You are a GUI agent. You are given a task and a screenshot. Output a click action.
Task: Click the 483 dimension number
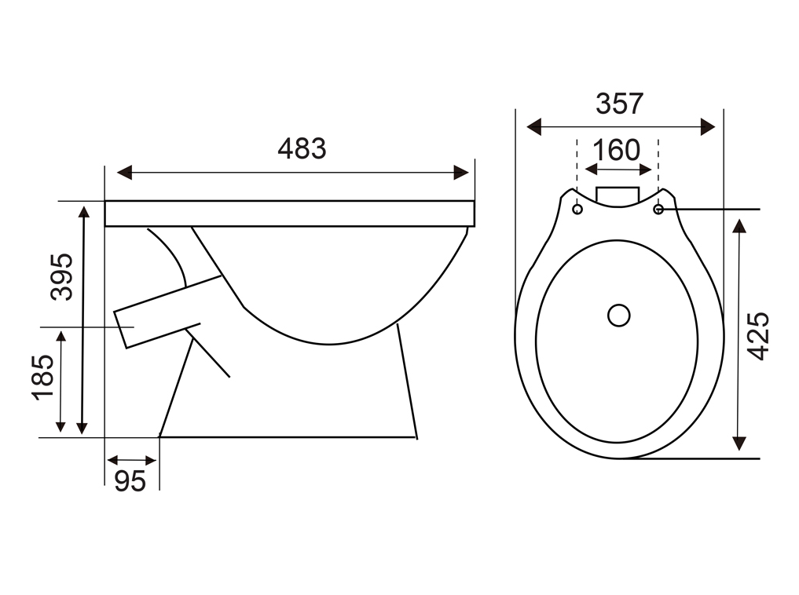coord(302,148)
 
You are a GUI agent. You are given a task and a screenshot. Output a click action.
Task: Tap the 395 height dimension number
coord(61,276)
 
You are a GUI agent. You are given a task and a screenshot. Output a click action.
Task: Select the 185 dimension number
coord(42,377)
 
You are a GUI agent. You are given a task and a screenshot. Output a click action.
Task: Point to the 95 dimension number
coord(130,481)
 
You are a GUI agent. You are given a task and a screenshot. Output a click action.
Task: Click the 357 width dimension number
coord(620,104)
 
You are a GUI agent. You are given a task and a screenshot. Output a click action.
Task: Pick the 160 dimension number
coord(616,150)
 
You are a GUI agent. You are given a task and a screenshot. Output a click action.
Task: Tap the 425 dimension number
coord(758,336)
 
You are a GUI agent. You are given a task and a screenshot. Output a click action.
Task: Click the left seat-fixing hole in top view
coord(577,209)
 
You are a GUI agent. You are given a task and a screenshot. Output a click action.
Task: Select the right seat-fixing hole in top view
coord(658,209)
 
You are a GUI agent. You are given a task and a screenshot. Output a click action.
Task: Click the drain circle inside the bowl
coord(618,316)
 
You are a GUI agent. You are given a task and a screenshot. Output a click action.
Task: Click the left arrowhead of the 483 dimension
coord(124,173)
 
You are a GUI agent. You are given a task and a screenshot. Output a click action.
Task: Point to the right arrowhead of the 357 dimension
coord(708,126)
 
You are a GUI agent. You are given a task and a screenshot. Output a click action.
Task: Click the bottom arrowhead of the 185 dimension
coord(60,426)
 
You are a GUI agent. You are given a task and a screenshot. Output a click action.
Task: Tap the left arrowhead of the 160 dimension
coord(591,170)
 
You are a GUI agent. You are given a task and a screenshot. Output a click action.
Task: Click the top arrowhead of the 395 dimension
coord(84,210)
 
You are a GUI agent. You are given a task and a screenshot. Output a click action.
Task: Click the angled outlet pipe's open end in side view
coord(120,330)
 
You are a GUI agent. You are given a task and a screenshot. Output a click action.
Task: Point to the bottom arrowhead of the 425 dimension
coord(739,444)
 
